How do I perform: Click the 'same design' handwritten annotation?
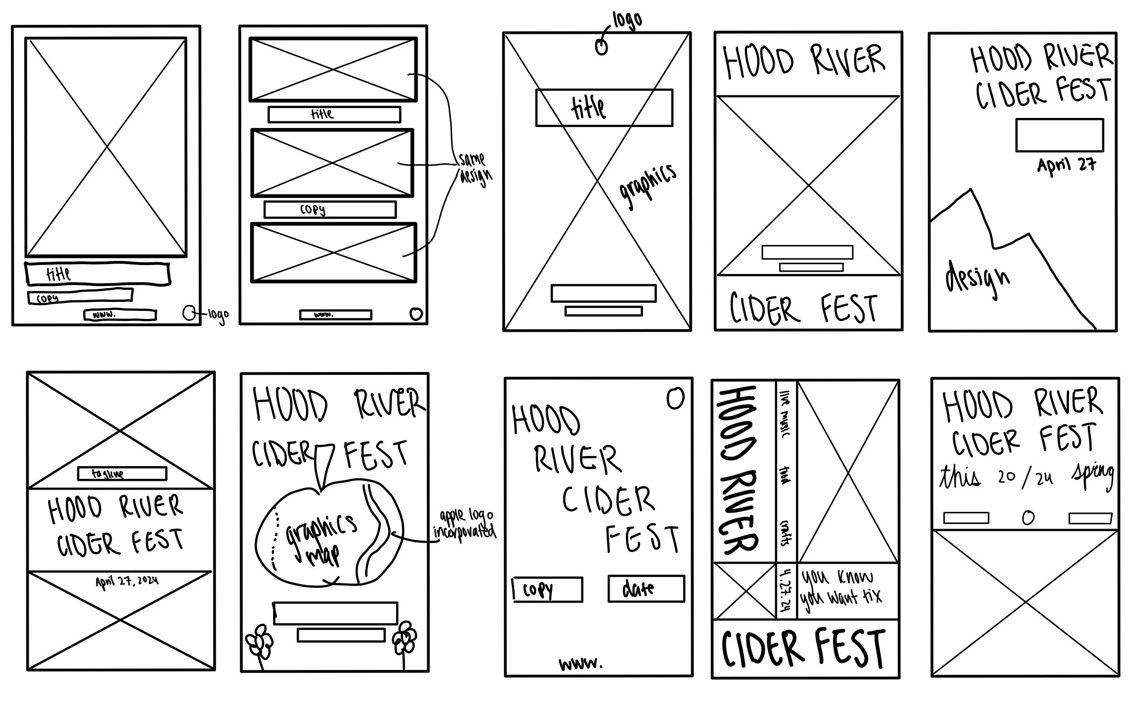474,168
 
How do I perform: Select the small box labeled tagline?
122,474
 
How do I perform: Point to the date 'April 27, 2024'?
127,582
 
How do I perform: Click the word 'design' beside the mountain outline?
977,279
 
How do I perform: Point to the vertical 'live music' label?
785,414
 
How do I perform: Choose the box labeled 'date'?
646,589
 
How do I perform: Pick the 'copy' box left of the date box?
548,590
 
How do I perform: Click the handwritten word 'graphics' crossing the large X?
648,186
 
